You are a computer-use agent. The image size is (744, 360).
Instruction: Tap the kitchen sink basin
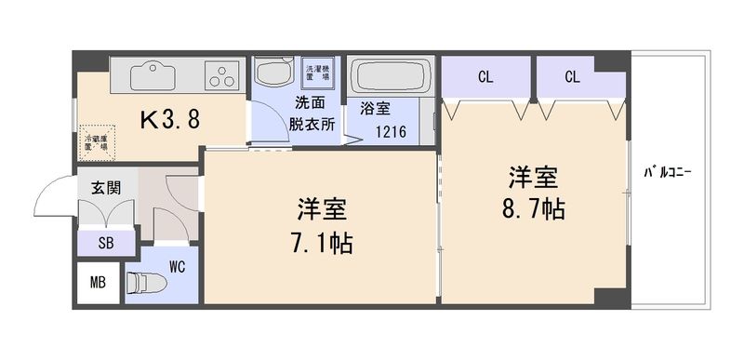coord(149,73)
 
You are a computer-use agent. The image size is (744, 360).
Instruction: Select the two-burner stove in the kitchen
coord(223,73)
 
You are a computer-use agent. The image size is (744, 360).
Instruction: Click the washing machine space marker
coord(320,71)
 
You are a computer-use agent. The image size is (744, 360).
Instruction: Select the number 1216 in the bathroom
coord(390,132)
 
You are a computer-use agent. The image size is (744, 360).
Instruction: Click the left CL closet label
coord(485,77)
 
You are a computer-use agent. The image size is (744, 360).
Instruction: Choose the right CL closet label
coord(572,77)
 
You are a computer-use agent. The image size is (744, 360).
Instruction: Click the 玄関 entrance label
coord(105,187)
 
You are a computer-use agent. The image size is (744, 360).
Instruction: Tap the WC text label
coord(178,267)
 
